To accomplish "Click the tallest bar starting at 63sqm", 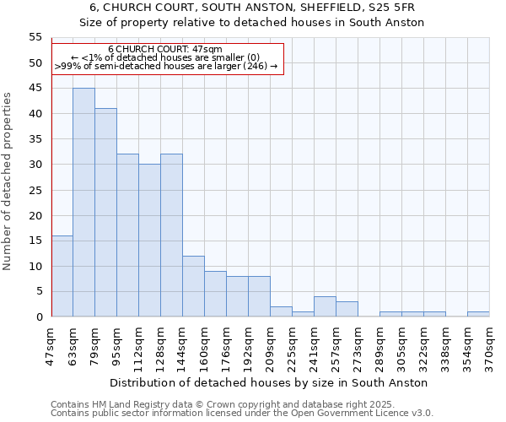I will click(x=83, y=203).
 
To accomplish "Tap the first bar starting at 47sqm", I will click(x=62, y=276).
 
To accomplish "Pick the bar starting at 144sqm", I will click(x=193, y=286).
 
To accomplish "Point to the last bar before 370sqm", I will click(x=478, y=314).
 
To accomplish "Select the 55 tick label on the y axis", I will click(x=35, y=37).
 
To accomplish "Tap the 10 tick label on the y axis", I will click(x=35, y=267).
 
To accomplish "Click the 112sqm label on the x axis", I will click(x=139, y=346).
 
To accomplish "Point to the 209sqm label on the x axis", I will click(x=270, y=346).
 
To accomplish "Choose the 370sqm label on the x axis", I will click(x=489, y=346).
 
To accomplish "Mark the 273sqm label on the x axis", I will click(x=358, y=346).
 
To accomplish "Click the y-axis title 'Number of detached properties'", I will click(x=8, y=181).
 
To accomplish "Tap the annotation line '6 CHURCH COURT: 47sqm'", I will click(x=166, y=50).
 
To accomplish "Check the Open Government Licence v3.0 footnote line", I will click(x=242, y=414).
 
